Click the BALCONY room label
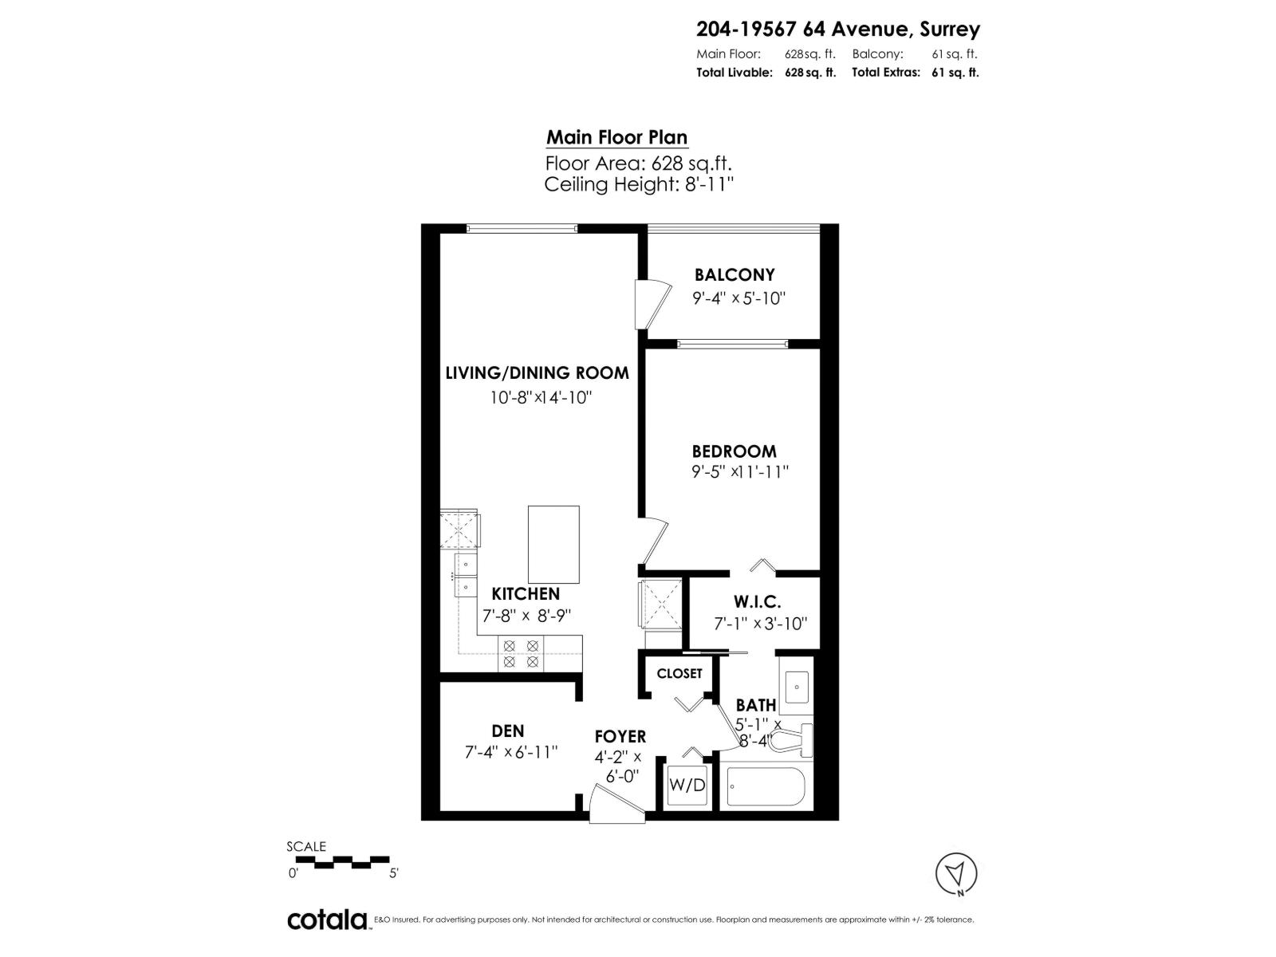[734, 275]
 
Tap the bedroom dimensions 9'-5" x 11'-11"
[740, 472]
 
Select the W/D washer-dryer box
[687, 786]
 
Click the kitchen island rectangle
[553, 544]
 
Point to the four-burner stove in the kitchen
[520, 654]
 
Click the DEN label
[508, 731]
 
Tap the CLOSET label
[679, 674]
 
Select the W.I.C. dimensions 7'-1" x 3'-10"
[761, 624]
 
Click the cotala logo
[327, 920]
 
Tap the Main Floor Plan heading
[616, 137]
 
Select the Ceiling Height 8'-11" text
[638, 185]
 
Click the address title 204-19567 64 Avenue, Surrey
[837, 30]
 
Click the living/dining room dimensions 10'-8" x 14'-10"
[540, 397]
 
